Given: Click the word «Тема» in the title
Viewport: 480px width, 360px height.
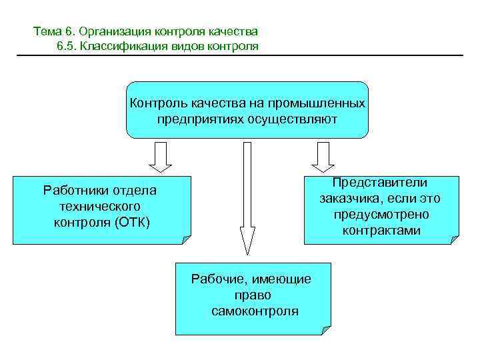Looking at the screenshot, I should click(x=46, y=31).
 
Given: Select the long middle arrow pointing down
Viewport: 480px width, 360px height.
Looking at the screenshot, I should click(x=247, y=200).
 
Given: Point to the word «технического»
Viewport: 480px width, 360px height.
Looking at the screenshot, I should click(x=99, y=206).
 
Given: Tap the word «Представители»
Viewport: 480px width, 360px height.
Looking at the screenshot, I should click(x=381, y=183).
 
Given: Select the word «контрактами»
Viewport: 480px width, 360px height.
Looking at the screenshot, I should click(x=381, y=231).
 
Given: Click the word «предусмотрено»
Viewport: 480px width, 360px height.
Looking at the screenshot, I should click(x=381, y=215).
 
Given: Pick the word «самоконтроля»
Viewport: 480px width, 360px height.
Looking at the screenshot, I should click(x=255, y=311).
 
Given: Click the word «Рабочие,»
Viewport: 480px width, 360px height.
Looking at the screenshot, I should click(x=218, y=279).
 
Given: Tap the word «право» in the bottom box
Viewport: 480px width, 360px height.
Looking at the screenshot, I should click(x=253, y=295).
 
